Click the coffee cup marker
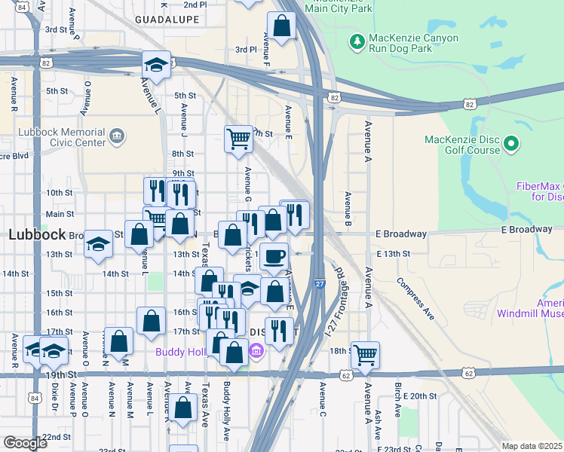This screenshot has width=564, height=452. click(274, 255)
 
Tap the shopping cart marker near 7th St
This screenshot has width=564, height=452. click(238, 139)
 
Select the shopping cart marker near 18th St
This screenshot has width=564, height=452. click(365, 354)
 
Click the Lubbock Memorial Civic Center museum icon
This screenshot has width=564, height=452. click(117, 136)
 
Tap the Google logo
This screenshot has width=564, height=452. click(25, 443)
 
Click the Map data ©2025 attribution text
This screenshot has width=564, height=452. click(532, 446)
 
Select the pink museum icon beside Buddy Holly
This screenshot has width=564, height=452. click(255, 350)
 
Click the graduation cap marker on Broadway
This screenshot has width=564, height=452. click(97, 244)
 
